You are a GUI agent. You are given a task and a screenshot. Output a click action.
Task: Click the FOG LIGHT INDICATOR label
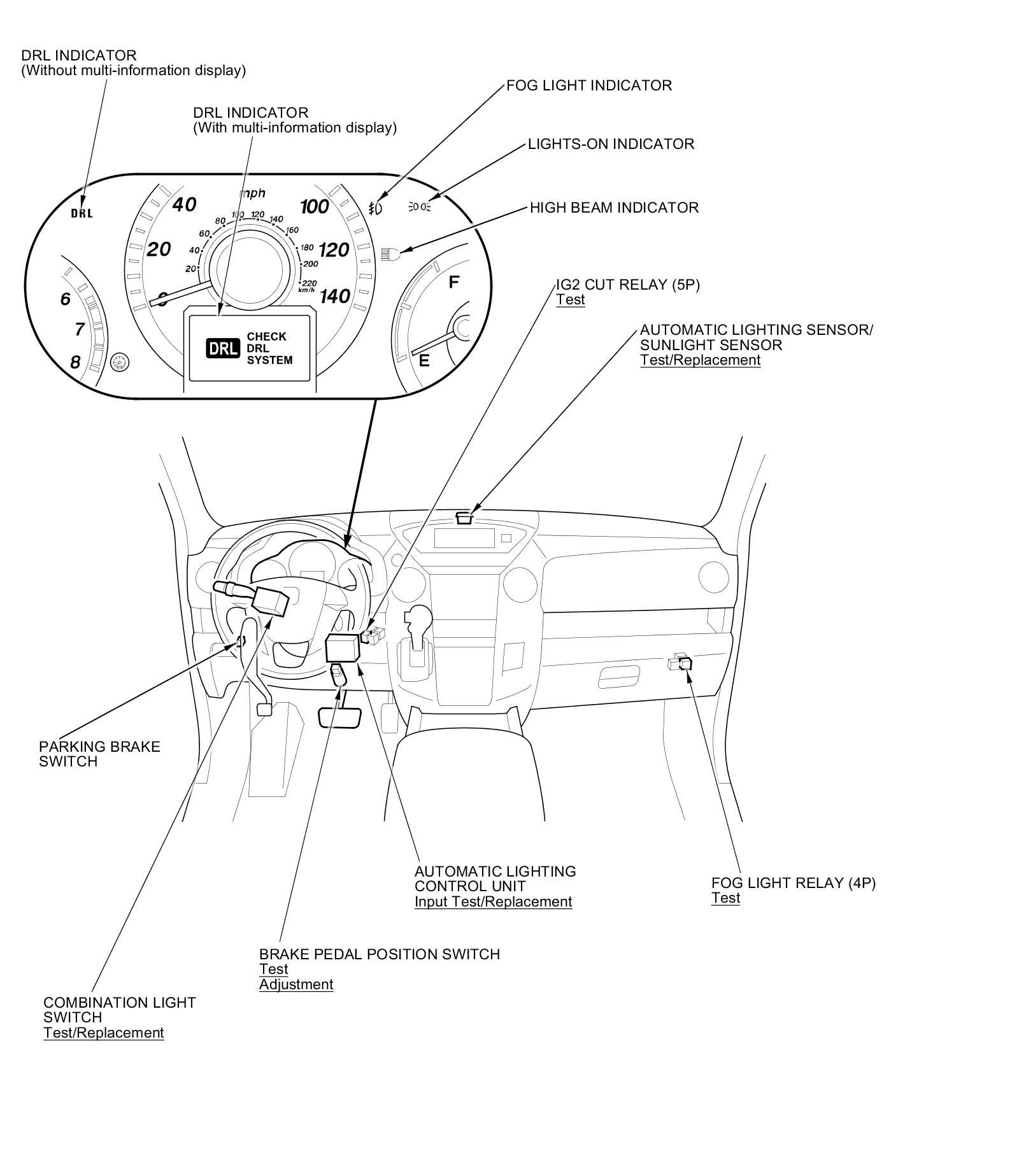[x=588, y=85]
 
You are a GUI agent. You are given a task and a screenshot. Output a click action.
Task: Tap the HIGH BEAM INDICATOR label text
[x=614, y=208]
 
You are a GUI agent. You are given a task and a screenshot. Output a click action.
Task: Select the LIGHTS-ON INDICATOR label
[x=611, y=144]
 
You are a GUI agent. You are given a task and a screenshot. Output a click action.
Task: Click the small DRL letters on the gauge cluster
[x=82, y=213]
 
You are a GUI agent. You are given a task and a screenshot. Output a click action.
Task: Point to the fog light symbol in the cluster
[x=376, y=208]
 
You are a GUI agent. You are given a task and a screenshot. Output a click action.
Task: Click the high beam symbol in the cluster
[x=390, y=255]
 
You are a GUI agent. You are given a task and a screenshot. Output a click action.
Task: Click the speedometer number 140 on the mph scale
[x=335, y=296]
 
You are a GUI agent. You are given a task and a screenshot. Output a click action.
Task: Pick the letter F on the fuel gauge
[x=454, y=281]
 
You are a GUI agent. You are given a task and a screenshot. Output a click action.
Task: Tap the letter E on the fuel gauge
[x=424, y=360]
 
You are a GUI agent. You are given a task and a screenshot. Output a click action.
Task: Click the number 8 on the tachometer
[x=75, y=362]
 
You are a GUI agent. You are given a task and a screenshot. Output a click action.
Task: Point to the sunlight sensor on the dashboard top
[x=464, y=518]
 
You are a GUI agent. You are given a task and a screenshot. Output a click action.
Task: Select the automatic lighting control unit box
[x=342, y=648]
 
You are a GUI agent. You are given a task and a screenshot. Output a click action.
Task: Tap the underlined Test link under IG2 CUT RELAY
[x=570, y=300]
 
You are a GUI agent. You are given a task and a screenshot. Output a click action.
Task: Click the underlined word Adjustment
[x=296, y=984]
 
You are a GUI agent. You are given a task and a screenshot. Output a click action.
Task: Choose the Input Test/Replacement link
[x=493, y=901]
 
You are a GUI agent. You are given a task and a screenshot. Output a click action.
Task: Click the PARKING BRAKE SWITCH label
[x=99, y=754]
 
